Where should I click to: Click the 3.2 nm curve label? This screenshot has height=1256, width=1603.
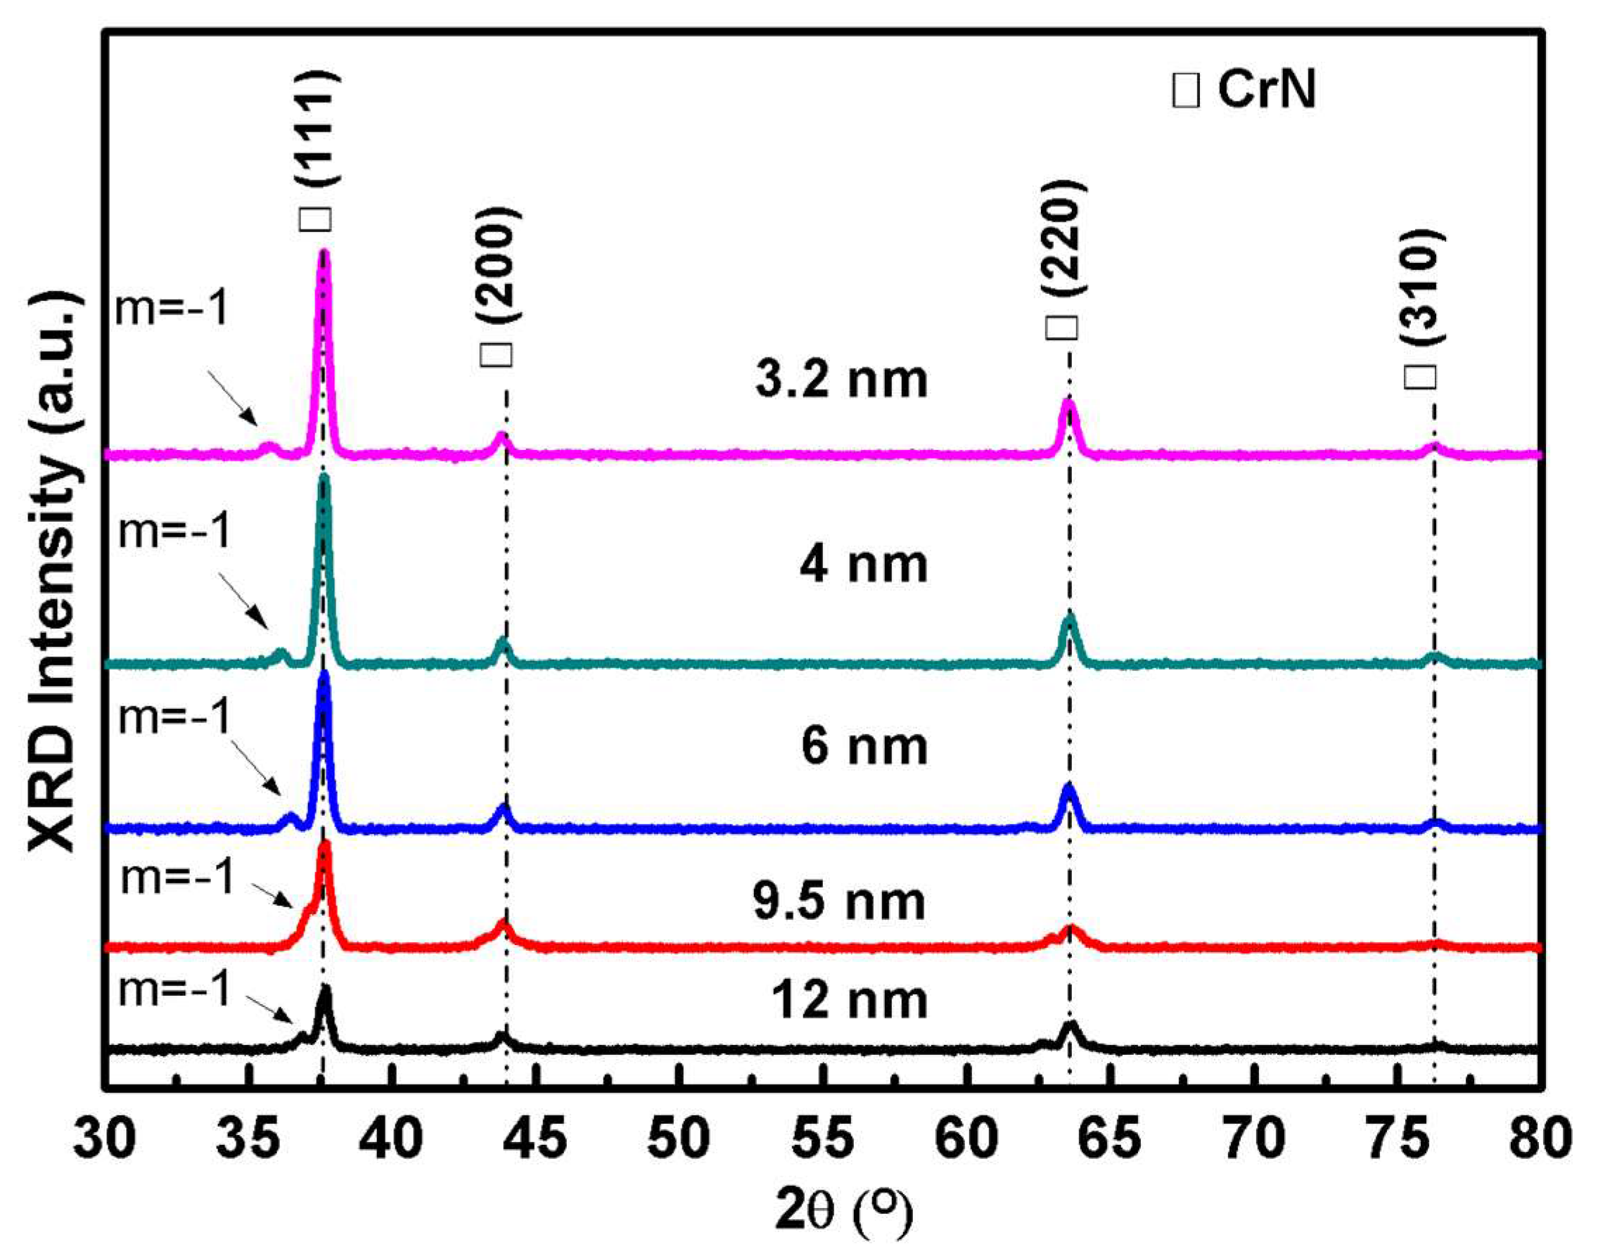(x=841, y=381)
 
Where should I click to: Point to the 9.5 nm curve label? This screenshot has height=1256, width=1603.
(x=838, y=902)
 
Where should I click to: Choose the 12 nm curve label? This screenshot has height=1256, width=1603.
(x=849, y=1000)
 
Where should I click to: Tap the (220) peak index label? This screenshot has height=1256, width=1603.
(x=1067, y=239)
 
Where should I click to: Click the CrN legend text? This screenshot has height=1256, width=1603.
(x=1265, y=92)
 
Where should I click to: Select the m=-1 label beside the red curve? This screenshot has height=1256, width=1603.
(x=177, y=877)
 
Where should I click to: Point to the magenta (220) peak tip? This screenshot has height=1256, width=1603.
(x=1068, y=403)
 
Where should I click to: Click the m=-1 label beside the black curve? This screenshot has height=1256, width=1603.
(x=174, y=989)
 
